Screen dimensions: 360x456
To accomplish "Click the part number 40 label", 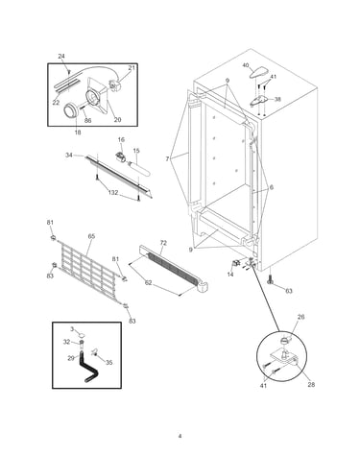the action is pos(246,65).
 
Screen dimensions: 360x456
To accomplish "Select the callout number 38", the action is pos(277,99).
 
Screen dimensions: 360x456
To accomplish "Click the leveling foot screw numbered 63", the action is pos(270,280).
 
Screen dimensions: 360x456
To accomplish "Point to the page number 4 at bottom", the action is pos(180,436).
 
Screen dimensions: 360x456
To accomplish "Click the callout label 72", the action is pos(163,243).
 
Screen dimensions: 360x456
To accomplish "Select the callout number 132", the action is pos(113,193).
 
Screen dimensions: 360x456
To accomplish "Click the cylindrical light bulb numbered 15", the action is pos(139,169).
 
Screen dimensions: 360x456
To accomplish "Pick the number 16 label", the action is pos(121,140).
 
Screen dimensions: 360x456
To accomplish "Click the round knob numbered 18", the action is pos(71,111).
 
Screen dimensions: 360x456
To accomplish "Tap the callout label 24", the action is pos(61,57).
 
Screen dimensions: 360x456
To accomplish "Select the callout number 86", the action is pos(87,120).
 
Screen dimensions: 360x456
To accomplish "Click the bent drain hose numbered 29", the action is pos(86,367).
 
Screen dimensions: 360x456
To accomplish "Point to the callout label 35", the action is pos(109,363).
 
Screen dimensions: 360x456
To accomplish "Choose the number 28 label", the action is pos(311,384).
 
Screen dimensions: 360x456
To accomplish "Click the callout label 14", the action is pos(230,275).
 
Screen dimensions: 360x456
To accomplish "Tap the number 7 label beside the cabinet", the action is pos(167,158).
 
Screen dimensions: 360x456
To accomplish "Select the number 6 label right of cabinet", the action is pos(272,188).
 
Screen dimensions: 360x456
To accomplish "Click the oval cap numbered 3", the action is pos(82,335).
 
